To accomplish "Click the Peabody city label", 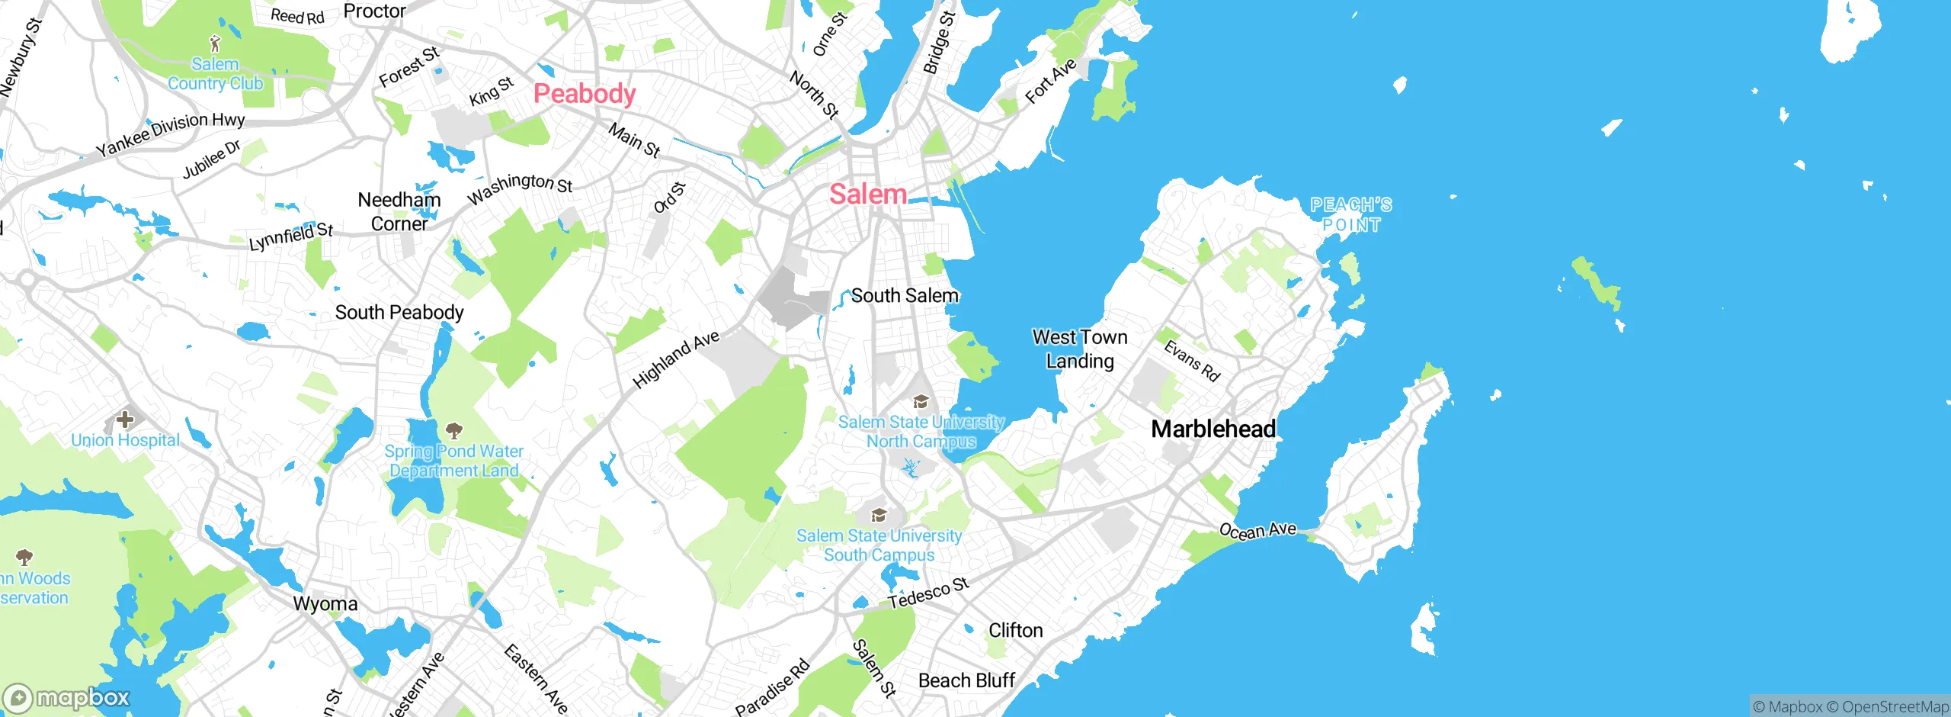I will pos(585,94).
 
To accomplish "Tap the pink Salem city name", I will pos(868,195).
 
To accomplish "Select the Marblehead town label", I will pos(1213,429).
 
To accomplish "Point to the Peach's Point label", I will pos(1351,215).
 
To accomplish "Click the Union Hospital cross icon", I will pos(125,420).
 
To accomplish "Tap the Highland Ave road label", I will pos(676,359).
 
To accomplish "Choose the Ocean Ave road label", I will pos(1257,530).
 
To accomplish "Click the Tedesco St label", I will pos(928,593).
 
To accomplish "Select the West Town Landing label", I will pos(1080,349).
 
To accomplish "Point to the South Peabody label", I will pos(399,313).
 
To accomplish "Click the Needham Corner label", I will pos(399,212).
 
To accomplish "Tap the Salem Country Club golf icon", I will pos(215,43).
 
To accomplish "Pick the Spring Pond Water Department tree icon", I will pos(454,432).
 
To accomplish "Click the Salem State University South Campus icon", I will pos(879,516).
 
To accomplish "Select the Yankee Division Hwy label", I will pos(171,134).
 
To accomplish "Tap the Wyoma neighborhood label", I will pos(325,604).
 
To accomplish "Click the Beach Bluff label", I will pos(966,680).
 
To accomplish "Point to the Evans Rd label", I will pos(1192,361).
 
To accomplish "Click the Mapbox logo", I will pos(66,698).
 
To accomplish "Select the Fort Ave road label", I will pos(1050,81).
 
